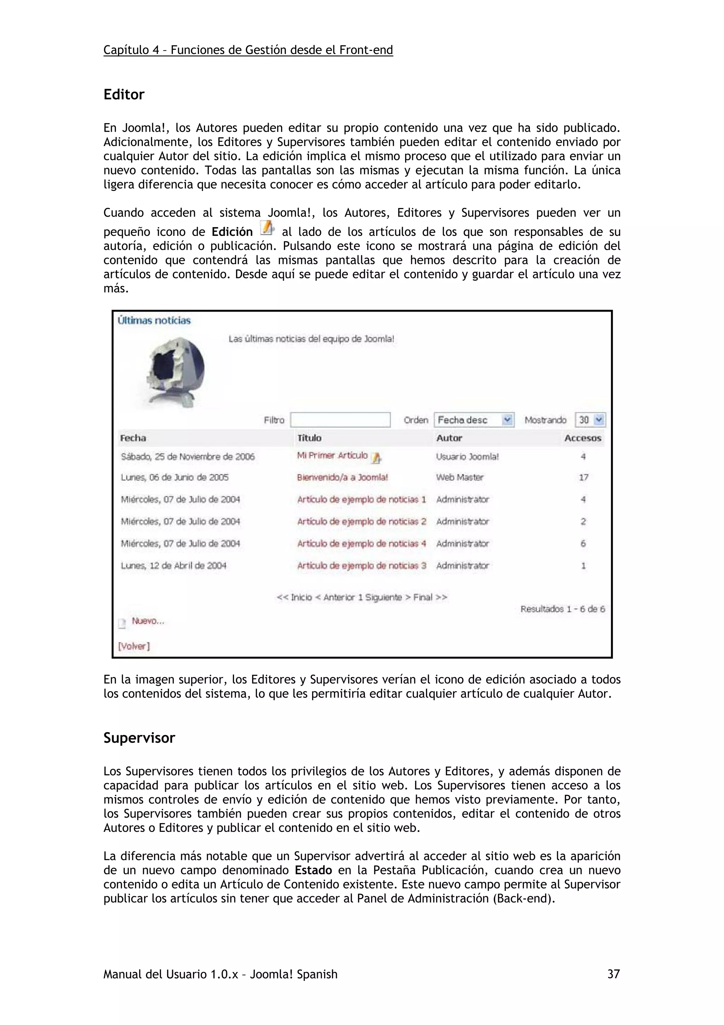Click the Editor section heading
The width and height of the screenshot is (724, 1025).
tap(124, 95)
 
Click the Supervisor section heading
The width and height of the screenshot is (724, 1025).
tap(139, 737)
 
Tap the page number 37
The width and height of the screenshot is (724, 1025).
tap(613, 974)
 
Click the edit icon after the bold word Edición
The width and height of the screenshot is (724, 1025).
tap(267, 228)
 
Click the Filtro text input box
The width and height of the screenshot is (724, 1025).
tap(340, 419)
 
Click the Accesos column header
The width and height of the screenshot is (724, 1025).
tap(583, 438)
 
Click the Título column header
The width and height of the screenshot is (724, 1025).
tap(309, 438)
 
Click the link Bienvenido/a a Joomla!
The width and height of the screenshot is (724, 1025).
tap(342, 477)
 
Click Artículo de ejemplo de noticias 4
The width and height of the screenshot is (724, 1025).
tap(361, 543)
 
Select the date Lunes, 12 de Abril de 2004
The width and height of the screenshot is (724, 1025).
tap(174, 566)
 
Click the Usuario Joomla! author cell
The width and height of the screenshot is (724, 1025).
tap(467, 457)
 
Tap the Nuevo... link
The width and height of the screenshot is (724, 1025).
tap(148, 621)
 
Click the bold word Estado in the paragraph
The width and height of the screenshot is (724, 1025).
tap(313, 870)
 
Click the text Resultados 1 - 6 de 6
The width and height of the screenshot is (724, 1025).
tap(562, 609)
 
